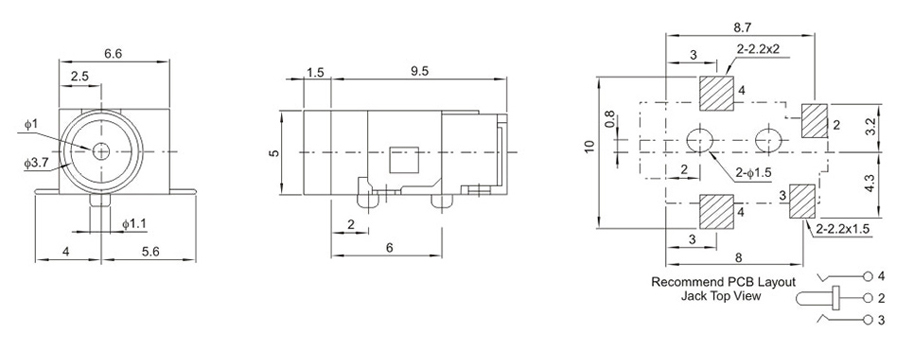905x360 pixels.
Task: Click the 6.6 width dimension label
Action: [x=113, y=54]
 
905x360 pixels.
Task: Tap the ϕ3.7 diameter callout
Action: [x=36, y=163]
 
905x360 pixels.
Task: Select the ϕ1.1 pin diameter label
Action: [x=135, y=223]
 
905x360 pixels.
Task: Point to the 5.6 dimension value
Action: [x=151, y=252]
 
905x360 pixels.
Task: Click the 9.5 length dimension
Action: [x=420, y=72]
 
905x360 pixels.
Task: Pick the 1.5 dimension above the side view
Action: [x=315, y=72]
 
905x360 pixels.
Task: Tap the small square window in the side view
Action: [x=404, y=159]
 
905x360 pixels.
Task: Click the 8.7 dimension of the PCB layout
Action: [x=741, y=26]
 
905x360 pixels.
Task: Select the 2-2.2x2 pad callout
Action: [x=758, y=50]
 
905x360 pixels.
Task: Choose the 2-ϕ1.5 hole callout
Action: [x=754, y=172]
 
